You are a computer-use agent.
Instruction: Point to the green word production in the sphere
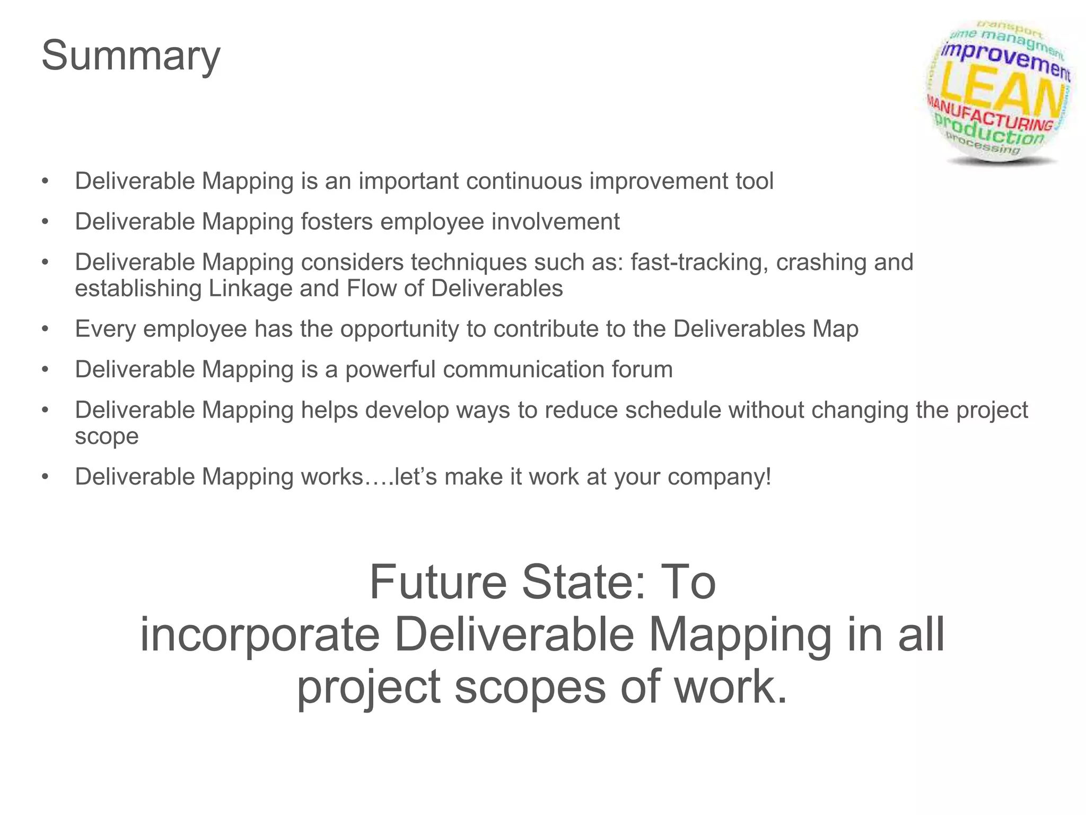click(989, 131)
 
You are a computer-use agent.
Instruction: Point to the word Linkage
click(250, 289)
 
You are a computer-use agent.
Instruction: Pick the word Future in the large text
click(438, 583)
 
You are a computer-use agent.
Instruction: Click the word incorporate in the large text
click(260, 635)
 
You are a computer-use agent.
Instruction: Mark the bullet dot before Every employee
click(46, 330)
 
